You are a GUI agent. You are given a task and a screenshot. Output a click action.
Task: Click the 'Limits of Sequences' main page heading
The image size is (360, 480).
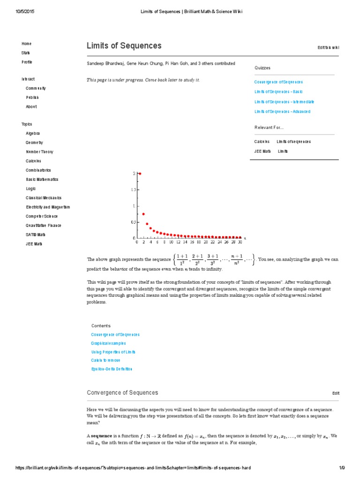click(x=124, y=46)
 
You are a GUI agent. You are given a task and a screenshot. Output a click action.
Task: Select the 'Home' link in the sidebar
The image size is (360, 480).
click(x=26, y=44)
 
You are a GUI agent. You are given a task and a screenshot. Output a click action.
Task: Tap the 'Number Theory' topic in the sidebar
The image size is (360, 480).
click(x=39, y=152)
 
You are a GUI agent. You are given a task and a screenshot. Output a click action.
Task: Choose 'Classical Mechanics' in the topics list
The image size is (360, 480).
click(x=44, y=198)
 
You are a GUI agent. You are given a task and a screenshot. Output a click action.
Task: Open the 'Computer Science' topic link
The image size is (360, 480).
click(x=42, y=216)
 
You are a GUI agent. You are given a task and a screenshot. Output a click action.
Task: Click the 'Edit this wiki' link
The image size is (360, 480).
click(x=328, y=47)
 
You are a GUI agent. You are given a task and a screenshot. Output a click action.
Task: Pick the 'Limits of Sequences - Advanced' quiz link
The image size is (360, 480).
click(x=282, y=112)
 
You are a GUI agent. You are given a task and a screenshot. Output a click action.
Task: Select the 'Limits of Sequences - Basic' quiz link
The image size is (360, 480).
click(x=278, y=92)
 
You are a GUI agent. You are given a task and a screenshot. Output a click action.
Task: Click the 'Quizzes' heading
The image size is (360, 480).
click(x=262, y=68)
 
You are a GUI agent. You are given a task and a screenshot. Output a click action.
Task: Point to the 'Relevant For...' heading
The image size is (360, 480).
click(x=269, y=127)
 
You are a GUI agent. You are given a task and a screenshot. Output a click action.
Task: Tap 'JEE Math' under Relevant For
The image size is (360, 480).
click(x=262, y=151)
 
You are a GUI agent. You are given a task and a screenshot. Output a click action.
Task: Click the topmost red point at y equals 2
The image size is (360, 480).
click(x=140, y=173)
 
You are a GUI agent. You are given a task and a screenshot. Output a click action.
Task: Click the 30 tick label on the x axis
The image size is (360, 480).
click(x=240, y=242)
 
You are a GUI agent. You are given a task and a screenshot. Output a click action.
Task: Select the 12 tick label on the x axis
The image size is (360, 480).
click(x=178, y=242)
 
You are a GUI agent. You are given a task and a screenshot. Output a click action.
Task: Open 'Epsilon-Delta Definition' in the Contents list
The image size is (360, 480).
click(x=112, y=369)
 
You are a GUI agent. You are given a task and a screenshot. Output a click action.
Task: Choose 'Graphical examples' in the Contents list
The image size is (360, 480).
click(x=108, y=343)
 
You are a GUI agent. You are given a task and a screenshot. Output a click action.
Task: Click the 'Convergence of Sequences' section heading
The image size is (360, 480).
click(x=122, y=393)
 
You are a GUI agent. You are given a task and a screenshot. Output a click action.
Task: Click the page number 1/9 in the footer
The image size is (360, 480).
click(x=342, y=468)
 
